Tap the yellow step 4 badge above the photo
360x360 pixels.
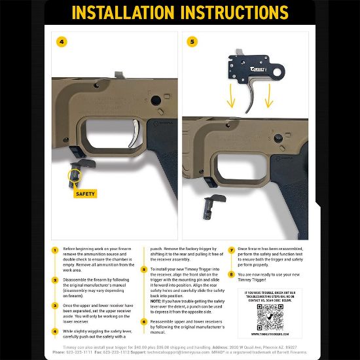(62, 41)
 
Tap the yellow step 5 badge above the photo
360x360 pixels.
(192, 41)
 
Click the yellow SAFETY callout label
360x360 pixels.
(85, 194)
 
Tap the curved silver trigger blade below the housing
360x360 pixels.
(249, 98)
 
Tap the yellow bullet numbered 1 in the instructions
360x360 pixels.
(56, 250)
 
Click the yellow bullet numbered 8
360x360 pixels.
(231, 275)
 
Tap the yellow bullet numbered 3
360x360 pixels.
(56, 306)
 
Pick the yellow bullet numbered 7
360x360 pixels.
(231, 250)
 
